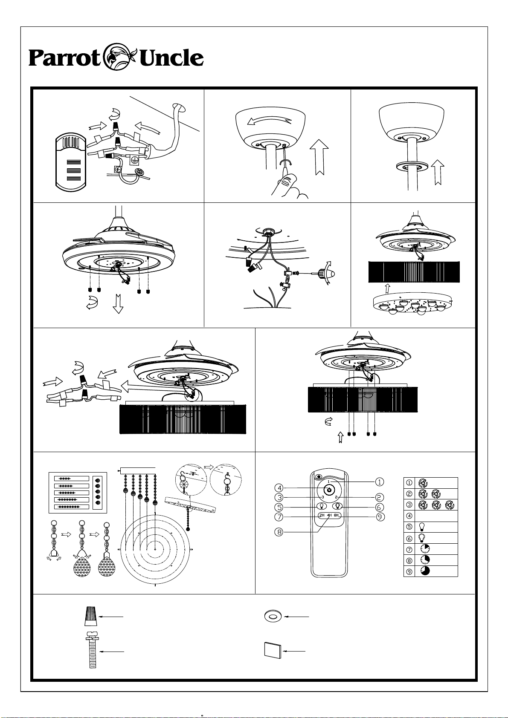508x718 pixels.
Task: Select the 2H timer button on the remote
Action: click(322, 516)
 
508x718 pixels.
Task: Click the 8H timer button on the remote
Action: click(336, 516)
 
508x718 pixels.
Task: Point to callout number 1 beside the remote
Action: click(379, 482)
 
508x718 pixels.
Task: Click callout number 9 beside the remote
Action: click(380, 517)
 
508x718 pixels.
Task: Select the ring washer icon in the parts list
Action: click(270, 617)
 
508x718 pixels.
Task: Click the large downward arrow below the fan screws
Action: click(118, 303)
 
